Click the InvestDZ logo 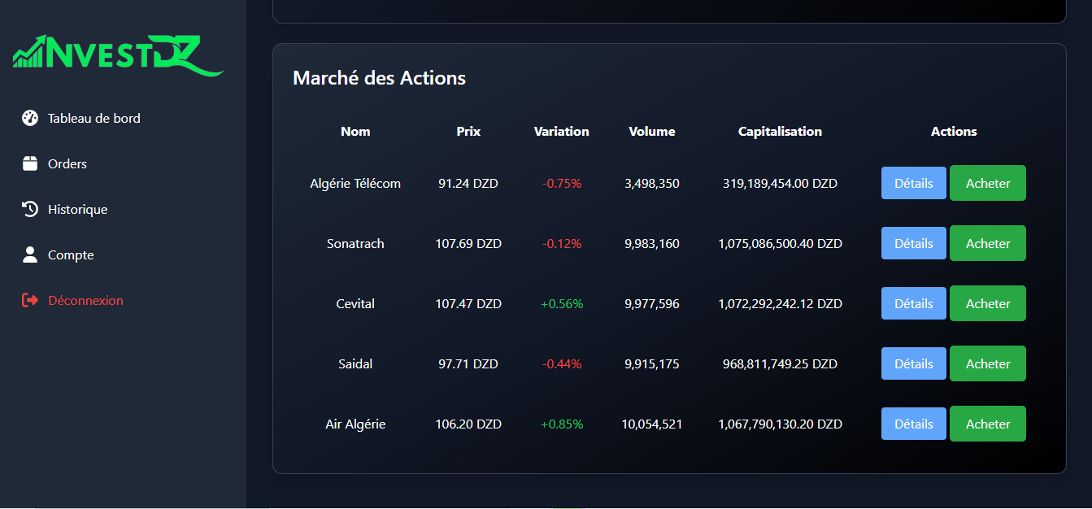coord(118,55)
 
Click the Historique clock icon coord(30,209)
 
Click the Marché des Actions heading coord(379,78)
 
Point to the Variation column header coord(562,132)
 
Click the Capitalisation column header coord(780,132)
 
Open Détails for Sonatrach coord(914,243)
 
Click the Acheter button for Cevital coord(988,303)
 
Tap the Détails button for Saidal coord(914,363)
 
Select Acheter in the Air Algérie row coord(988,424)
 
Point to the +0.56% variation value coord(562,304)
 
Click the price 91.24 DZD coord(468,183)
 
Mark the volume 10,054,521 coord(652,424)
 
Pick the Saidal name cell coord(355,363)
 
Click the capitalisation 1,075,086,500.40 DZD coord(780,244)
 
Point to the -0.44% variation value coord(562,363)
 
